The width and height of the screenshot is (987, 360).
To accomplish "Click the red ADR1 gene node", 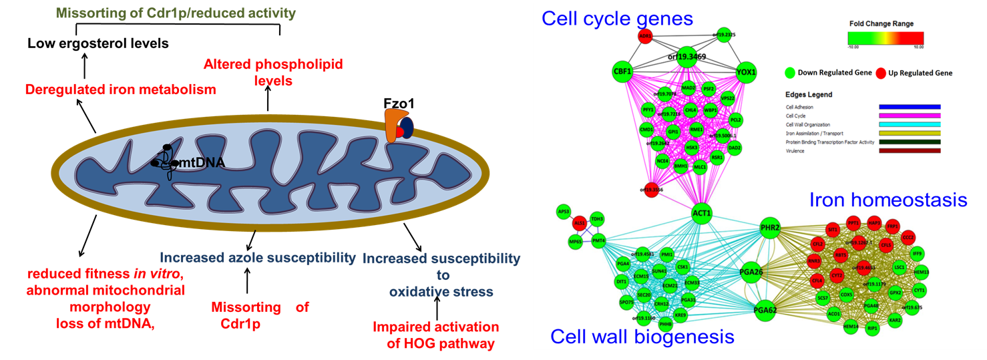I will coord(626,37).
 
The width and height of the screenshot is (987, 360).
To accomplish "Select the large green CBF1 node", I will coord(622,70).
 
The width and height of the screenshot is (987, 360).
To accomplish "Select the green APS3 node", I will coord(564,212).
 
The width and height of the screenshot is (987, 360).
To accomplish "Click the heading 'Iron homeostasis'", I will coord(888,200).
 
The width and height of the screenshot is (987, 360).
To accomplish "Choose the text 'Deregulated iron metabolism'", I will coord(120,89).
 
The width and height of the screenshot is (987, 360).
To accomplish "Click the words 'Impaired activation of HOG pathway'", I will coord(435,335).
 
